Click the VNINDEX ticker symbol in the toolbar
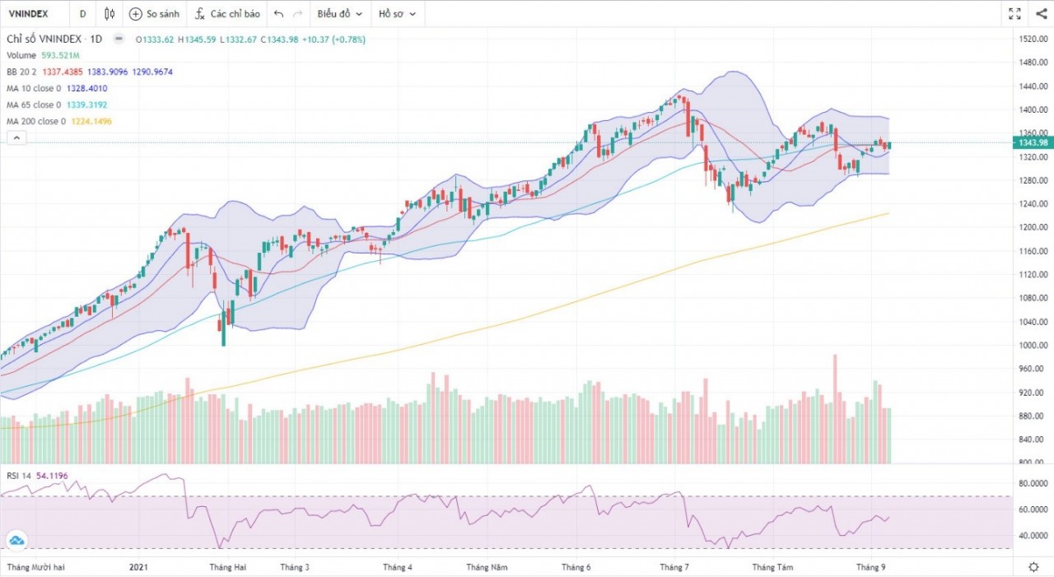(27, 14)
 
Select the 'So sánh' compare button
(154, 14)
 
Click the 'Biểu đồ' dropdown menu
(339, 14)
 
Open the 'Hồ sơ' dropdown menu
(397, 14)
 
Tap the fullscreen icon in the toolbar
(1014, 14)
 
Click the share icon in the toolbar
(1041, 14)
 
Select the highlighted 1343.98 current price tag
(1033, 142)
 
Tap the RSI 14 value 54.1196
(52, 475)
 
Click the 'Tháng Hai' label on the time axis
(227, 567)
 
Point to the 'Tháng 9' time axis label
(870, 567)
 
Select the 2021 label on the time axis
(139, 567)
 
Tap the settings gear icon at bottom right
(1033, 567)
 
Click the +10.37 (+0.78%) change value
(333, 39)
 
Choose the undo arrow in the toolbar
(278, 14)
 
